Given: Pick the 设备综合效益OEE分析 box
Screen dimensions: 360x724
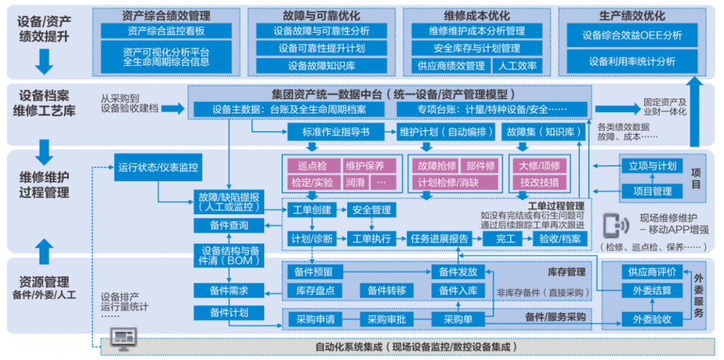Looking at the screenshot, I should point(631,36).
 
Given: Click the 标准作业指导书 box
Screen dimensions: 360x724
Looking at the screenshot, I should point(337,132).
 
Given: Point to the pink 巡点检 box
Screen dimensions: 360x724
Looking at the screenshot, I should point(312,166).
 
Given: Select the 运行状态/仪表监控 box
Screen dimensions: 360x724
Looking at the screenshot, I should point(158,168).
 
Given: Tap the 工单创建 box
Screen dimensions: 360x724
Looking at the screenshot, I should point(312,210).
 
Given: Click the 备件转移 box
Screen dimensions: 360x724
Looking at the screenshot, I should point(387,290).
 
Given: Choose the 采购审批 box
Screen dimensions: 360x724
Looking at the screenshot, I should point(387,320).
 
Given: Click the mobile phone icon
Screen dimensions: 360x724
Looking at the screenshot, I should point(612,225).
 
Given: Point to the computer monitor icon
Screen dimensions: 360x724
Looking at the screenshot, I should point(123,337).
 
